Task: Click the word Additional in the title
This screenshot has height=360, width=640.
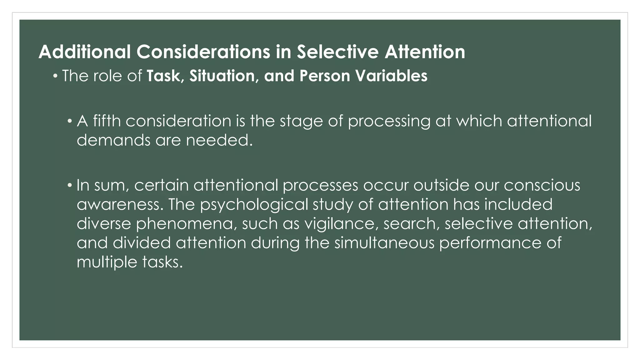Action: [85, 52]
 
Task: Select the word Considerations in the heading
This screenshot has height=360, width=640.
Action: [203, 52]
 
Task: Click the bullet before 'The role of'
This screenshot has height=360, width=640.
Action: [55, 76]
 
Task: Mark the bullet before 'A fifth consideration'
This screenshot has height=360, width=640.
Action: [70, 121]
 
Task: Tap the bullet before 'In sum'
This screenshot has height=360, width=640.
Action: [70, 185]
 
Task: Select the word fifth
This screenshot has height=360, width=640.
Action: [107, 121]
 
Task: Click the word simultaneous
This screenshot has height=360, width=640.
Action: [384, 243]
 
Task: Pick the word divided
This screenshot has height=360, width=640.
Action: [142, 243]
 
